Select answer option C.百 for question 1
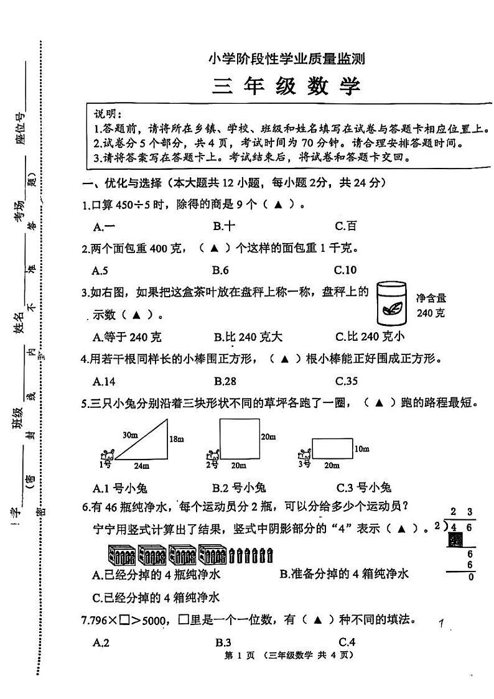(x=345, y=226)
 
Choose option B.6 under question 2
(x=220, y=269)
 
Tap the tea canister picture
(x=392, y=303)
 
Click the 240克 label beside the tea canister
(x=431, y=313)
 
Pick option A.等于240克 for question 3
(x=126, y=337)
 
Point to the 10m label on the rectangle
(x=361, y=448)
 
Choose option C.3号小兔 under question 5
(x=363, y=487)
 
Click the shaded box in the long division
(x=454, y=540)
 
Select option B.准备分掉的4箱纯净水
(x=343, y=574)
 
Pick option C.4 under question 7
(x=347, y=642)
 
